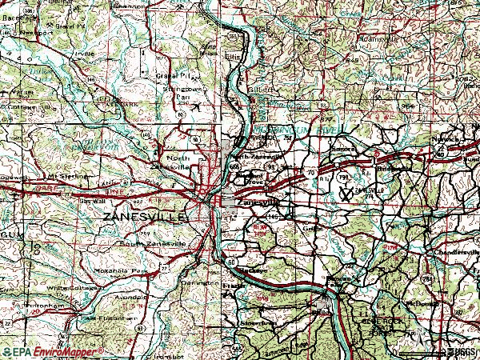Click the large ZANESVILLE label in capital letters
(143, 217)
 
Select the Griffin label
(313, 227)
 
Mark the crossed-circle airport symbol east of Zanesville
(347, 192)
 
